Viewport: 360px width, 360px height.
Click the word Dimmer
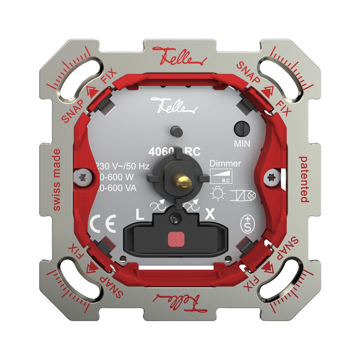[x=225, y=163]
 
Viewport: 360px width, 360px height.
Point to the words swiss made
[x=56, y=180]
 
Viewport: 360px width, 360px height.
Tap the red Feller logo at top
[x=178, y=57]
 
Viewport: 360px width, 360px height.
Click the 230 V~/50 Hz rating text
[x=122, y=166]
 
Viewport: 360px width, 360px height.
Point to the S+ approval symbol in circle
[x=249, y=222]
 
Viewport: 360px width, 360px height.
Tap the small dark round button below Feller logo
[x=174, y=130]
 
